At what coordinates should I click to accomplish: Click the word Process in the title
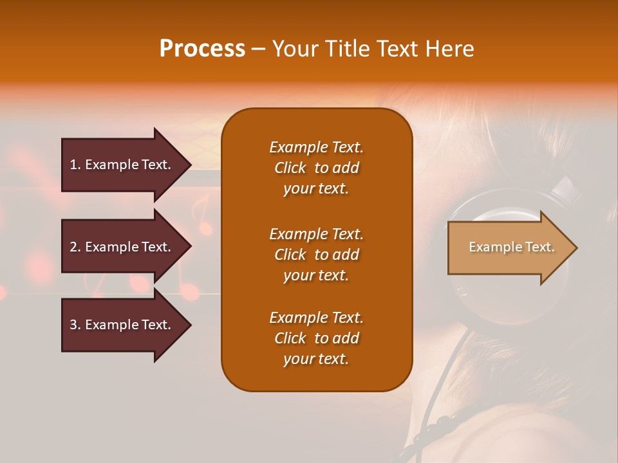pos(202,49)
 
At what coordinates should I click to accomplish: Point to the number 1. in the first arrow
pos(75,165)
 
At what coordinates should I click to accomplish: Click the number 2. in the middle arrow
pos(75,247)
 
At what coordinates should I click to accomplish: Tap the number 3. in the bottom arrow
pos(75,325)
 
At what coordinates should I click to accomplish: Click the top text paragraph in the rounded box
pos(316,168)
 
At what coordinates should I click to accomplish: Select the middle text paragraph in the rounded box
pos(316,255)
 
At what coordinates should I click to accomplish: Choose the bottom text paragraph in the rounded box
pos(316,338)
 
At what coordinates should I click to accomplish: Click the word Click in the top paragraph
pos(290,168)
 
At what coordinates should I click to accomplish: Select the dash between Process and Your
pos(259,50)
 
